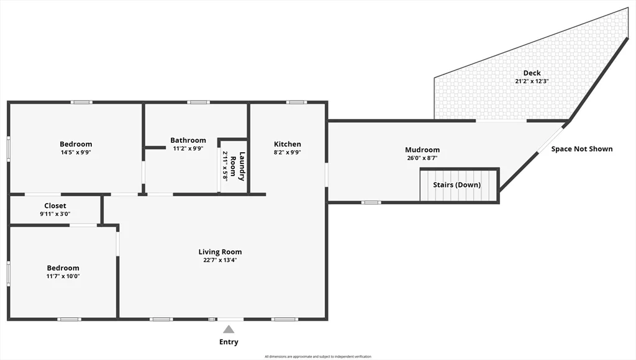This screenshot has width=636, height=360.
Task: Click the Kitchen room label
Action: point(287,145)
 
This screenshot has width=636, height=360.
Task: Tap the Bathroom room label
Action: point(188,140)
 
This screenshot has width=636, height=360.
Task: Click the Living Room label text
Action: point(220,252)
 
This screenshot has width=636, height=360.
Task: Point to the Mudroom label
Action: point(422,150)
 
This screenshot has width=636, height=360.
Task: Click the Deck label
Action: point(532,73)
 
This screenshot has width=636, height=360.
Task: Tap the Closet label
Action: point(55,206)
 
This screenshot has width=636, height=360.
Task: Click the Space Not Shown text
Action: point(582,149)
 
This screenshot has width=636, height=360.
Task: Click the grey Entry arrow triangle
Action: point(229,330)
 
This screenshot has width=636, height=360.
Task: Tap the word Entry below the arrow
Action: point(229,342)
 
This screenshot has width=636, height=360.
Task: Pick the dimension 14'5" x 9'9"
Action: point(76,152)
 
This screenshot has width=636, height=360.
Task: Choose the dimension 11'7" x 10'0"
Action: point(63,276)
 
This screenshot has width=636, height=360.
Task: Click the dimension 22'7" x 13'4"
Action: point(220,260)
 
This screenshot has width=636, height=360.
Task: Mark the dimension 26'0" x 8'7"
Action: point(422,158)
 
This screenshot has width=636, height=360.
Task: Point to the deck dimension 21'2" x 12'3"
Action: point(532,81)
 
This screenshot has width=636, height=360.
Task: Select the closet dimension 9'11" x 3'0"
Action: point(55,214)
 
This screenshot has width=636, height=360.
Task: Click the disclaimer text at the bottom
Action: point(318,356)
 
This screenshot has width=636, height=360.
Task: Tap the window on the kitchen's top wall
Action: point(296,102)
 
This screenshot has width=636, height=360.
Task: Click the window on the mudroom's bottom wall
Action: point(371,202)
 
